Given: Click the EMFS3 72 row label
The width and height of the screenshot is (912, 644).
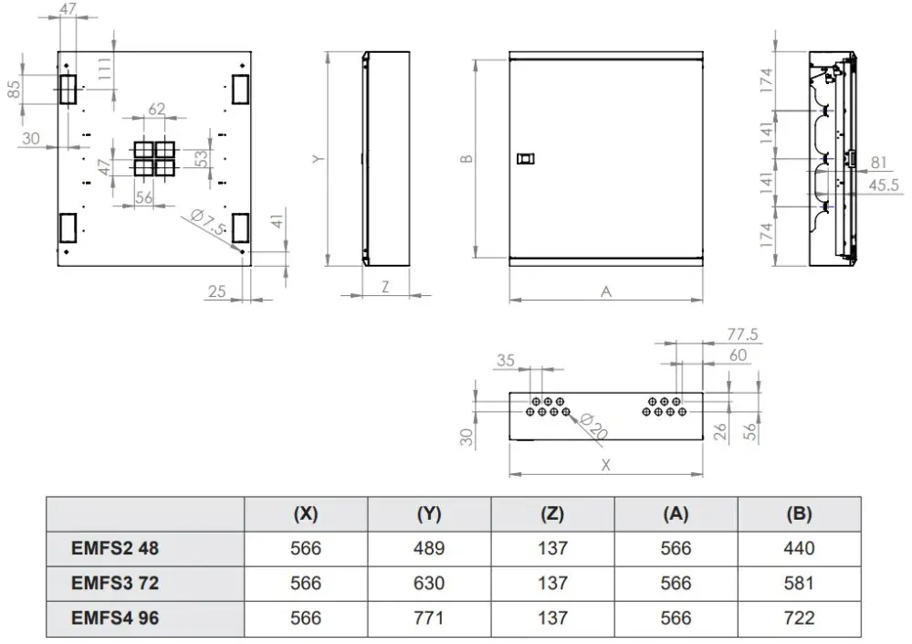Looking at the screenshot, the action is (115, 583).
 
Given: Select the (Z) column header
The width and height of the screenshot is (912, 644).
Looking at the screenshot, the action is (552, 513).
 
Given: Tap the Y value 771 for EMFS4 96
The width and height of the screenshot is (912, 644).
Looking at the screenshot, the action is (429, 618).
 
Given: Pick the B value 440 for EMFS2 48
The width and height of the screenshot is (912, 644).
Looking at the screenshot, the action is (799, 548).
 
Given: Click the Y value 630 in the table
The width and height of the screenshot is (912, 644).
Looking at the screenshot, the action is (429, 583).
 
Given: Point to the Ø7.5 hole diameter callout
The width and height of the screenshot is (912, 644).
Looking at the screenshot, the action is (207, 222).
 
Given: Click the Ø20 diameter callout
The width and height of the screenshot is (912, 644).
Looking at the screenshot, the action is (592, 426).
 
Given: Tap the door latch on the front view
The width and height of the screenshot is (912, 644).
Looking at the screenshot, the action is (526, 158).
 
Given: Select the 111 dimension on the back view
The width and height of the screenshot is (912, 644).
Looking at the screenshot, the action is (104, 73).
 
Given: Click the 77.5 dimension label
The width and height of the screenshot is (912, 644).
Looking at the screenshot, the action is (742, 334).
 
